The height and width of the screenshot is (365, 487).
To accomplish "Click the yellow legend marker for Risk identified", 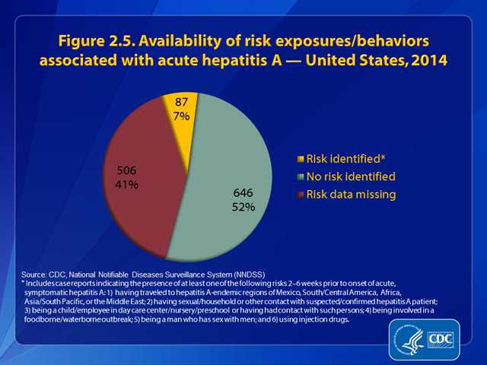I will [301, 160].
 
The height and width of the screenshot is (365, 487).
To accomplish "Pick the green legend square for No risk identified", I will [301, 176].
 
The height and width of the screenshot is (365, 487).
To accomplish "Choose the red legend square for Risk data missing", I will [301, 194].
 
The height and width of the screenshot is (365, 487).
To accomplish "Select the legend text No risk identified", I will [352, 176].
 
